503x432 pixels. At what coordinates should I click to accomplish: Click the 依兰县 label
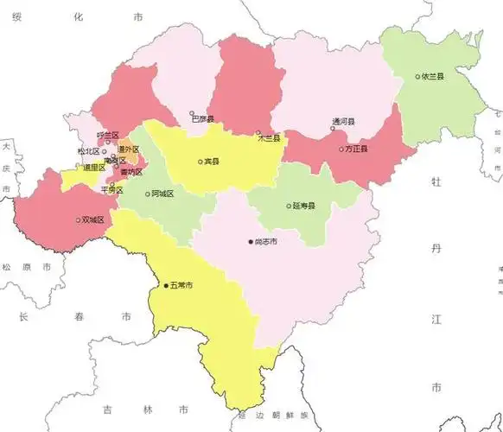click(434, 77)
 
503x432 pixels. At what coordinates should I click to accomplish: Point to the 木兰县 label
click(269, 138)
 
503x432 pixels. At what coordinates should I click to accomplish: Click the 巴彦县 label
click(204, 118)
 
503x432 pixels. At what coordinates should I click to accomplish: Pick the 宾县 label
click(212, 161)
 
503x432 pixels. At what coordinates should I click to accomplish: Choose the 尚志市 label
click(265, 242)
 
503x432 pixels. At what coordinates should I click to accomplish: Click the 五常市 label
click(181, 285)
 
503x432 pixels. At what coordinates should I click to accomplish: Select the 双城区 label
click(92, 220)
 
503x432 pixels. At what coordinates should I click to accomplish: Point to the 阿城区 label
click(162, 194)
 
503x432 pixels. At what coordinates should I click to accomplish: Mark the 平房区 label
click(112, 189)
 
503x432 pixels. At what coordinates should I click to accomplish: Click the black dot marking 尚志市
click(251, 242)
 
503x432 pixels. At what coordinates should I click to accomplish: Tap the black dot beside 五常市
click(166, 285)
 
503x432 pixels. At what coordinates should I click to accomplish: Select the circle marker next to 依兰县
click(417, 77)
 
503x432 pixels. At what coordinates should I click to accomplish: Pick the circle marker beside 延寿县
click(289, 206)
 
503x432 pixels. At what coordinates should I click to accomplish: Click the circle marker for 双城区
click(78, 220)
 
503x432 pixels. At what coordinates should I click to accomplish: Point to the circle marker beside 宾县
click(199, 161)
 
